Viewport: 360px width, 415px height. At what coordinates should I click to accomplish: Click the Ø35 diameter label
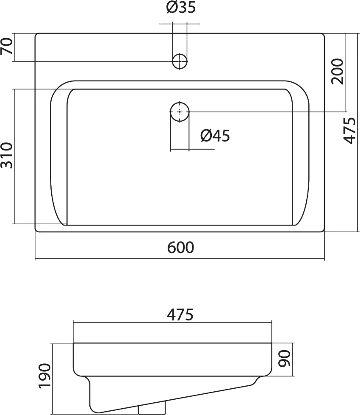pyautogui.click(x=181, y=8)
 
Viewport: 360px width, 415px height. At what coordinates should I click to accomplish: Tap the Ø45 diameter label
pyautogui.click(x=215, y=136)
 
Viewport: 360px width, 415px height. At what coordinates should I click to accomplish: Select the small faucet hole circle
pyautogui.click(x=180, y=61)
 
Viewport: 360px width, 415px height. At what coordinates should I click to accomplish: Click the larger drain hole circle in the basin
pyautogui.click(x=180, y=112)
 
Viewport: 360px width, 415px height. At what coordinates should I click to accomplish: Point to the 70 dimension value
pyautogui.click(x=7, y=47)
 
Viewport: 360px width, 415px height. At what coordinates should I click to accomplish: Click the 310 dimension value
pyautogui.click(x=7, y=156)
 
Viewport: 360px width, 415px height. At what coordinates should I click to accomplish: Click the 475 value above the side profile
pyautogui.click(x=180, y=315)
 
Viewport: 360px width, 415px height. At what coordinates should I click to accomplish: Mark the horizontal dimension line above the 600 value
pyautogui.click(x=180, y=259)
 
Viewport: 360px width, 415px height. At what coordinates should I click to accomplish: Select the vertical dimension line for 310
pyautogui.click(x=14, y=156)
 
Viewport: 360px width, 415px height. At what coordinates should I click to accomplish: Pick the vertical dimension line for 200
pyautogui.click(x=346, y=72)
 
